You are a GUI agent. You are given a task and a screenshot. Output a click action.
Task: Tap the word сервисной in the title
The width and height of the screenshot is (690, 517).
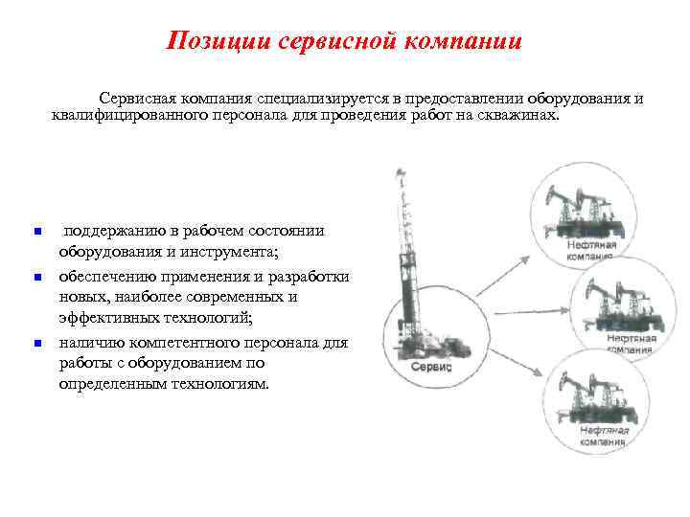tap(340, 41)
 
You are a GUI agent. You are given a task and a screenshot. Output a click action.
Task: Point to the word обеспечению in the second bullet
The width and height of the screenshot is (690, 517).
tap(107, 277)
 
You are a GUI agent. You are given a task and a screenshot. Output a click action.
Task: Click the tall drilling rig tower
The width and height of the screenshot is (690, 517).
tap(409, 258)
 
